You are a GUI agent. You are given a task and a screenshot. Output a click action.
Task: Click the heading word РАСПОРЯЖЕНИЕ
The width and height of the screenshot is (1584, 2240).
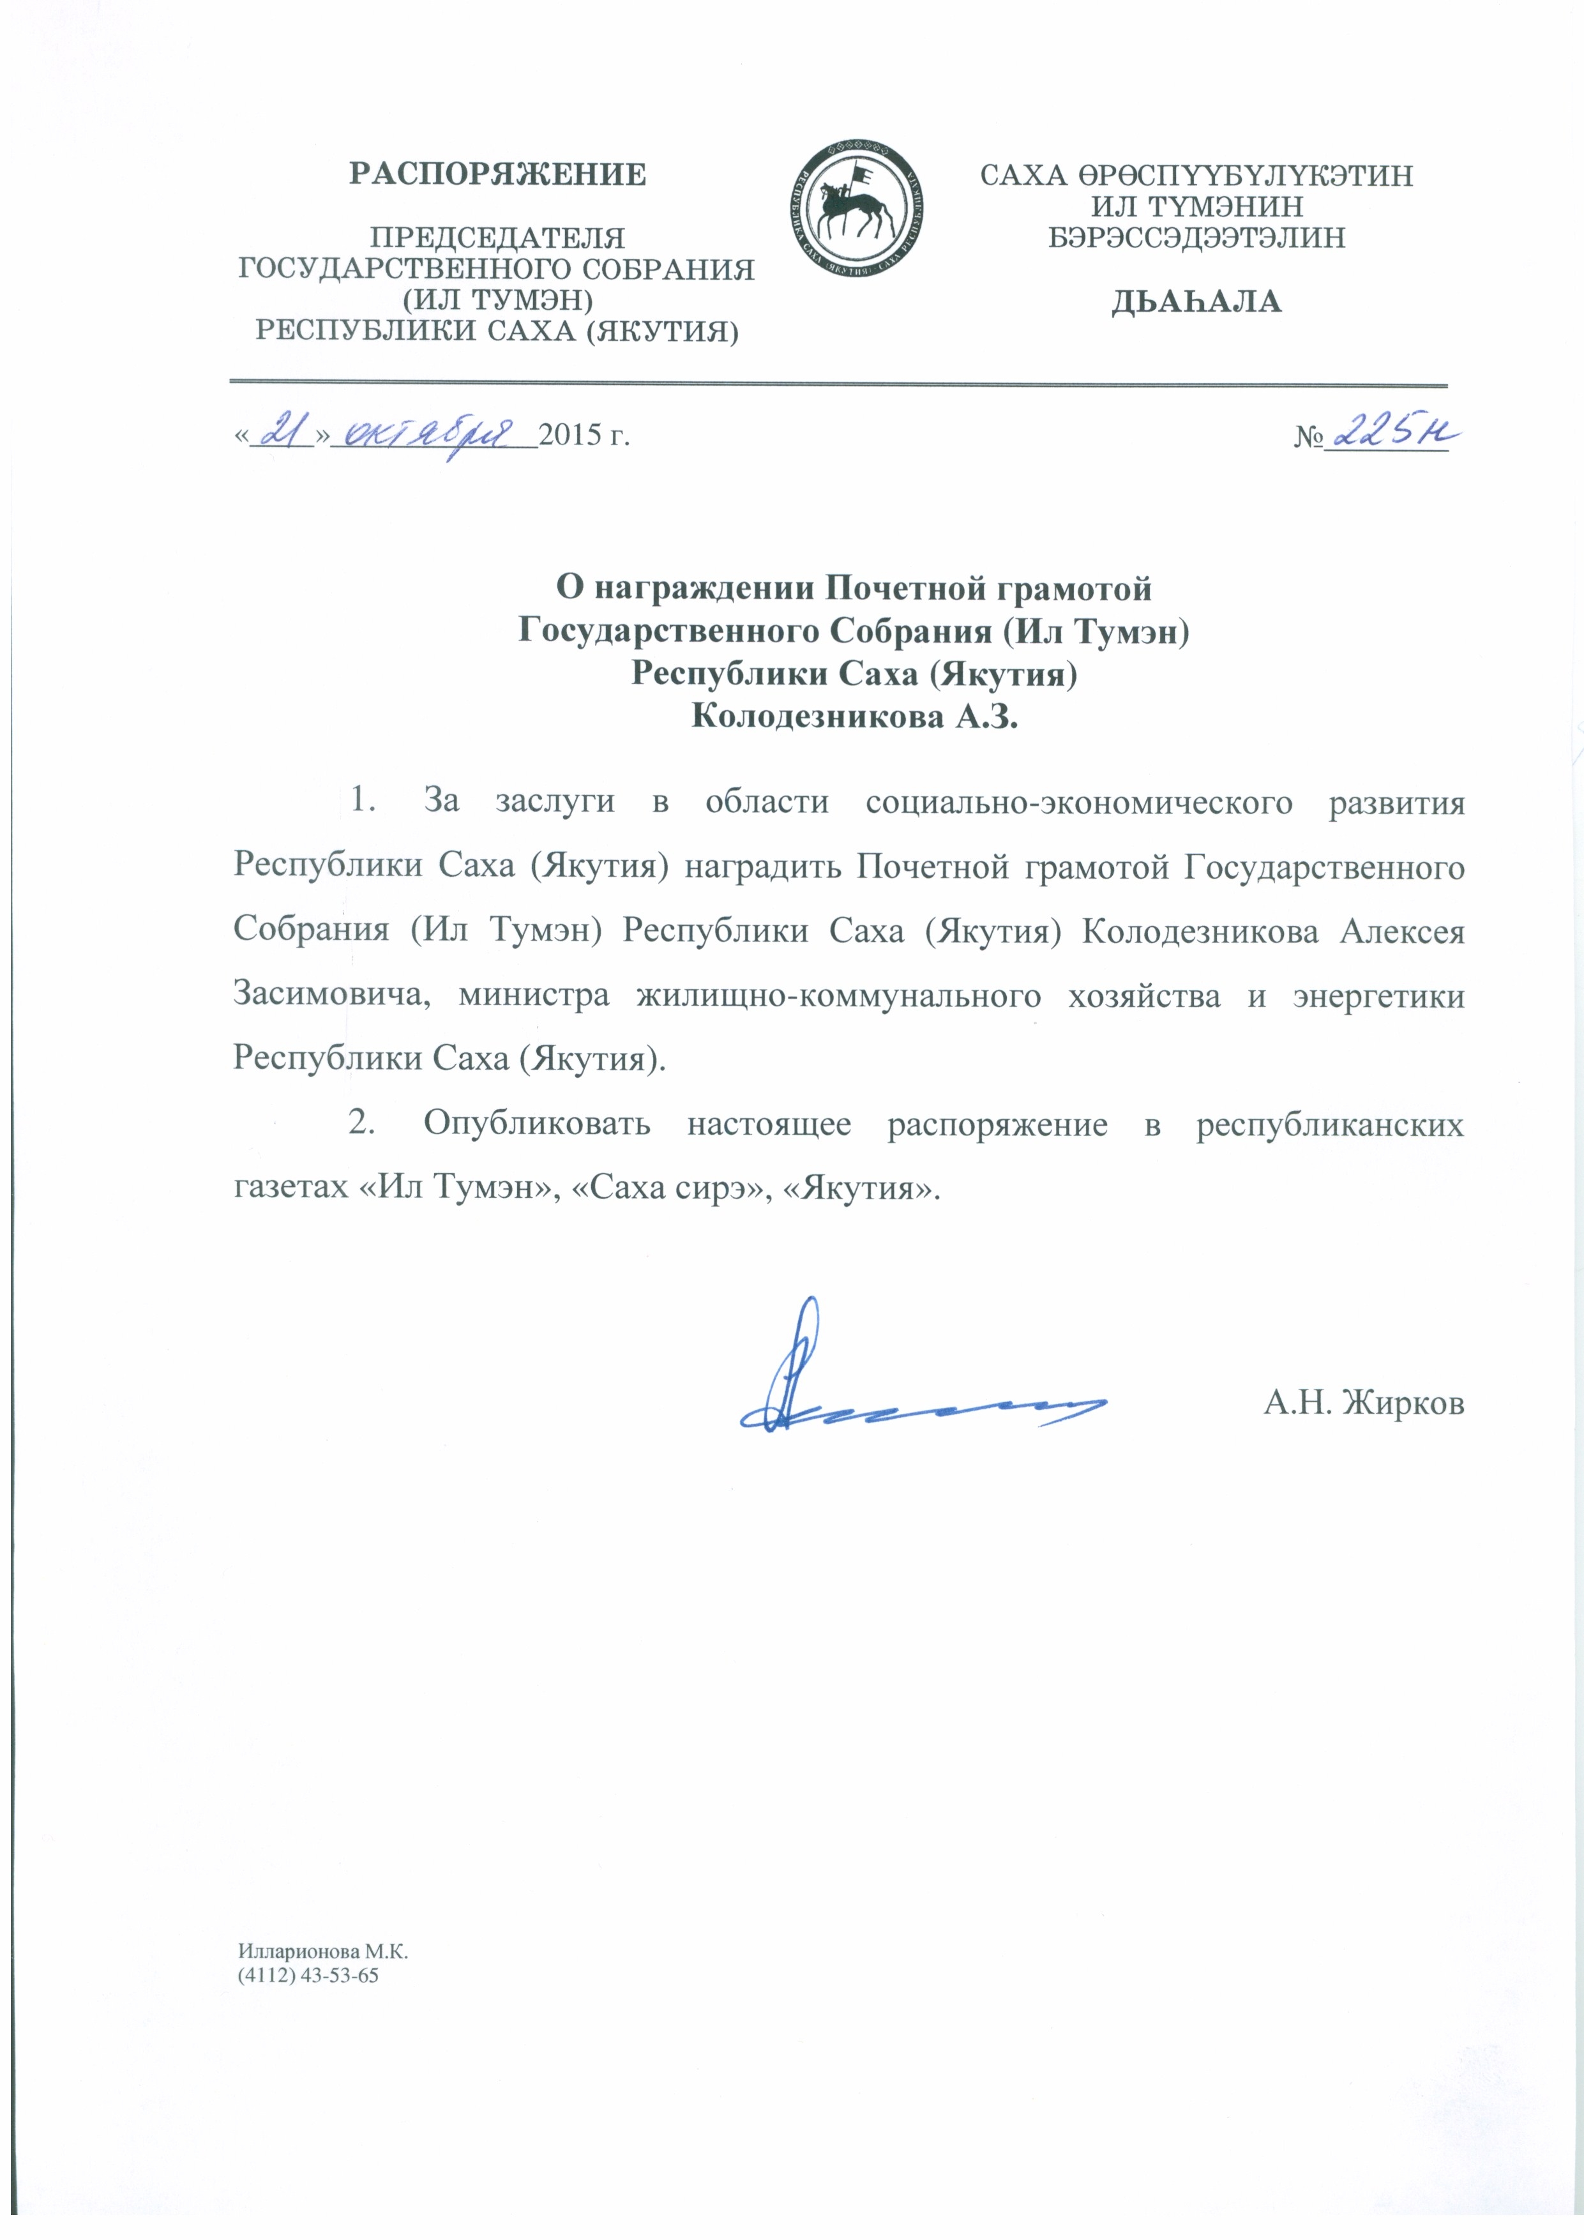(497, 174)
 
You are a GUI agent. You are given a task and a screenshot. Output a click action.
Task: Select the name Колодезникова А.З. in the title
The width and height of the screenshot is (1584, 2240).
(854, 719)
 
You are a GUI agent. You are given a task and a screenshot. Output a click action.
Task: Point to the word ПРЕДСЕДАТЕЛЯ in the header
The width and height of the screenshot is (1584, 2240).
(497, 237)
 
